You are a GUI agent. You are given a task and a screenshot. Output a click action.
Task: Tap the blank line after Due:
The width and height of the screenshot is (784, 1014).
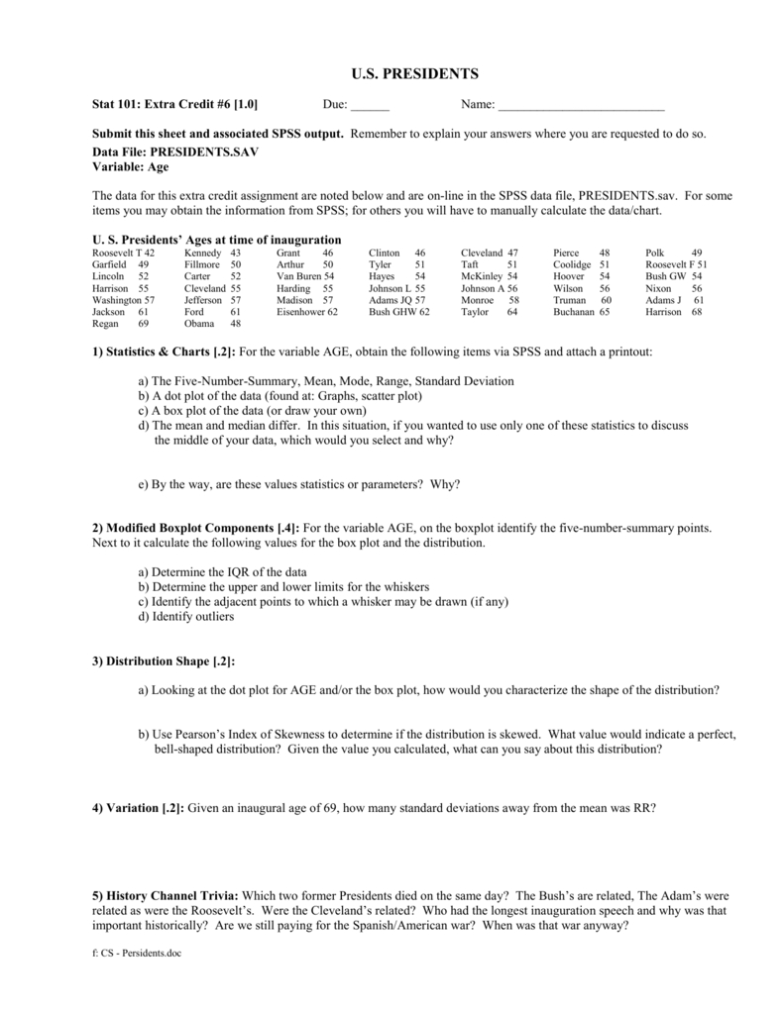point(370,106)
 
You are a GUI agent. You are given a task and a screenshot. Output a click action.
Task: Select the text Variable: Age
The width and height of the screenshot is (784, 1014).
point(130,167)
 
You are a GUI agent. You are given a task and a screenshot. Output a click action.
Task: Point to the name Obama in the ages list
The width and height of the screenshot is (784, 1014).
point(199,324)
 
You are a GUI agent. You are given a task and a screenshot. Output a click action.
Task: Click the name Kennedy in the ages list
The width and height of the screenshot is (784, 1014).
point(203,253)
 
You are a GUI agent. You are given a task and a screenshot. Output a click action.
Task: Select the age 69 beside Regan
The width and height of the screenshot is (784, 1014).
point(144,324)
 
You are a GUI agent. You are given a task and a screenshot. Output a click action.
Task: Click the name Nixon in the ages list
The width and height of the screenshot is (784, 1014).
point(658,288)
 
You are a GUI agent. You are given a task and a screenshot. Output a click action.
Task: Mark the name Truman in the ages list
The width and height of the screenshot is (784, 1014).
point(569,300)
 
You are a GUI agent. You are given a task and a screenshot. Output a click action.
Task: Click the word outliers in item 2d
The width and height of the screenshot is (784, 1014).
point(214,616)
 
